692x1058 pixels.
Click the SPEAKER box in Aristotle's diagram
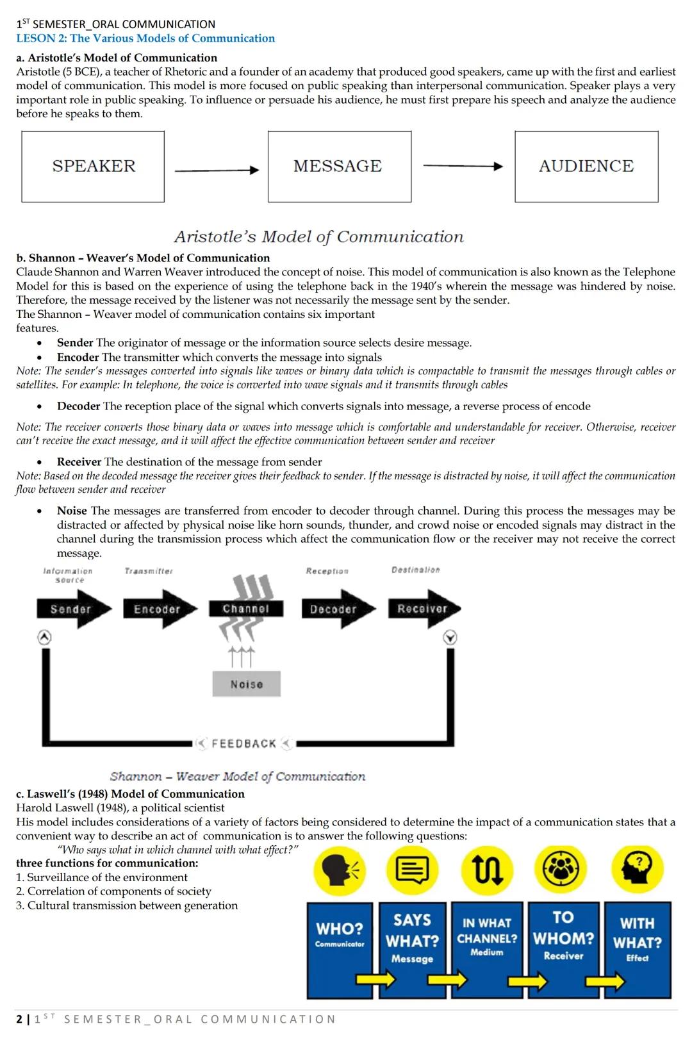coord(93,167)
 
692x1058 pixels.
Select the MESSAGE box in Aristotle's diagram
coord(339,167)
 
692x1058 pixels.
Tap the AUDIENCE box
coord(586,167)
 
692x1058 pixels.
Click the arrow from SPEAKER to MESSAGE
coord(216,170)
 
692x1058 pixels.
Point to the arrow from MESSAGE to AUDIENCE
coord(463,167)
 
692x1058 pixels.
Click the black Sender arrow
coord(72,609)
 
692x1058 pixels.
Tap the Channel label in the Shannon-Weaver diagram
coord(245,609)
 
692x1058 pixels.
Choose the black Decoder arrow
coord(335,609)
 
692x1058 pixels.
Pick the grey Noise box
coord(247,684)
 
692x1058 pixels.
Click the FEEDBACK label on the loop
coord(243,744)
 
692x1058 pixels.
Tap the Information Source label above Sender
coord(68,575)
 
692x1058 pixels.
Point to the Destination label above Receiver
coord(415,570)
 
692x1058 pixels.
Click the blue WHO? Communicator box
coord(340,950)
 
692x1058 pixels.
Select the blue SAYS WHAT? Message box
coord(413,950)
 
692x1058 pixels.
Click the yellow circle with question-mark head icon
coord(638,868)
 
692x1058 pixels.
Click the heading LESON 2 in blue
coord(145,38)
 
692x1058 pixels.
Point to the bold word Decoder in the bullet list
coord(78,406)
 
